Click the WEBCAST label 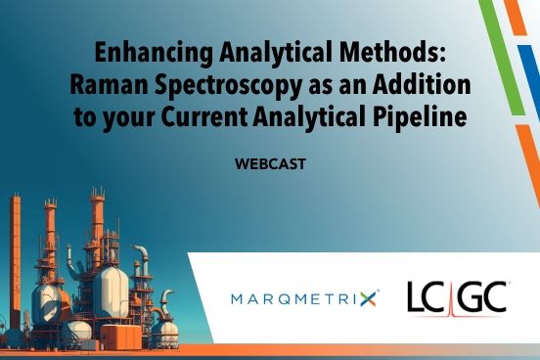point(270,164)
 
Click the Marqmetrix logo point(303,298)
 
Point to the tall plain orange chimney point(15,254)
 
